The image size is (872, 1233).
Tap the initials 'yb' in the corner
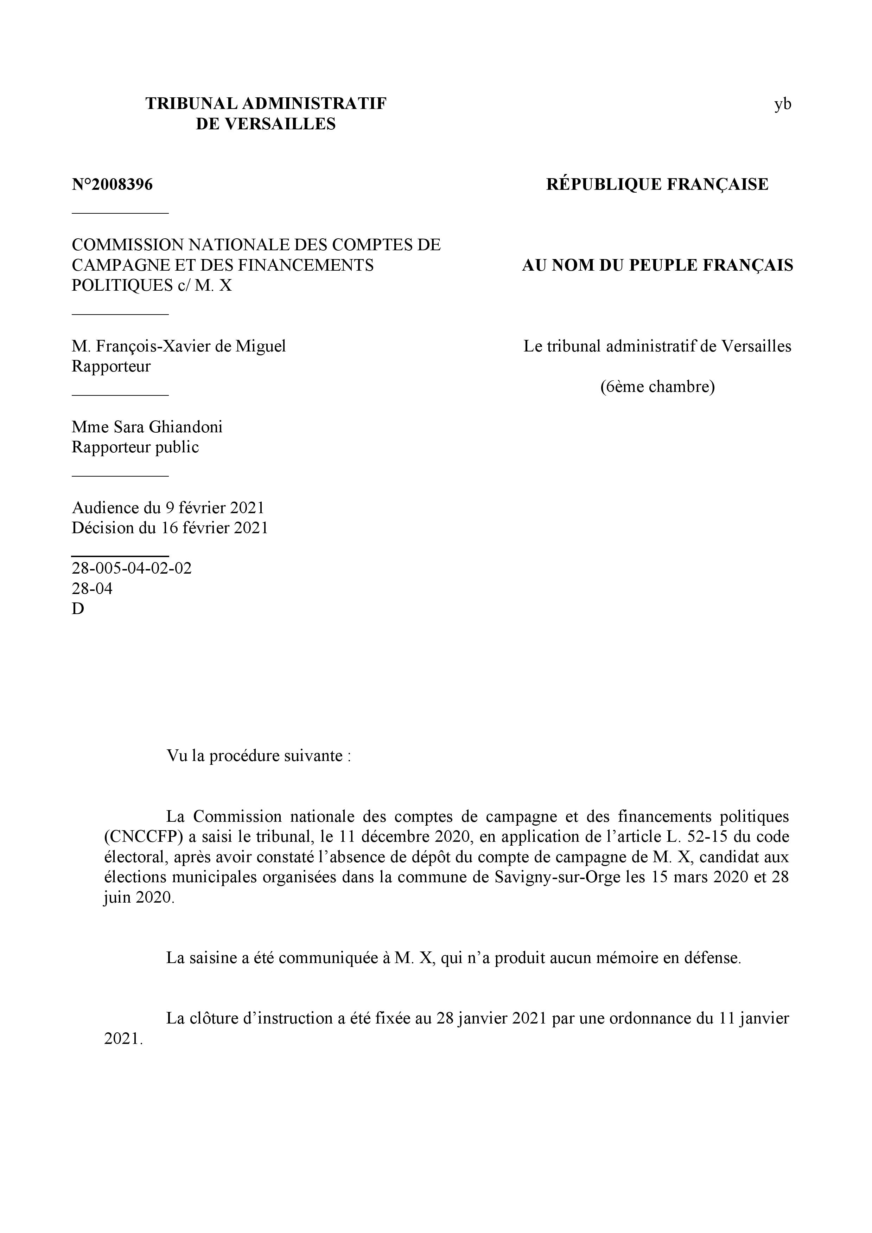pyautogui.click(x=782, y=104)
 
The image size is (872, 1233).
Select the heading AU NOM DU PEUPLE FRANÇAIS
pyautogui.click(x=657, y=265)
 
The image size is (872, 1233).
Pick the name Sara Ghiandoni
pyautogui.click(x=168, y=427)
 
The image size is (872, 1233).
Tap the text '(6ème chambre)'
pyautogui.click(x=657, y=387)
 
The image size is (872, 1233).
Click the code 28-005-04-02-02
pyautogui.click(x=132, y=568)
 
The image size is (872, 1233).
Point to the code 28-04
pyautogui.click(x=92, y=589)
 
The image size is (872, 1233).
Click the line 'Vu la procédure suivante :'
pyautogui.click(x=259, y=756)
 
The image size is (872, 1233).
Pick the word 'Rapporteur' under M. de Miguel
pyautogui.click(x=111, y=367)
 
